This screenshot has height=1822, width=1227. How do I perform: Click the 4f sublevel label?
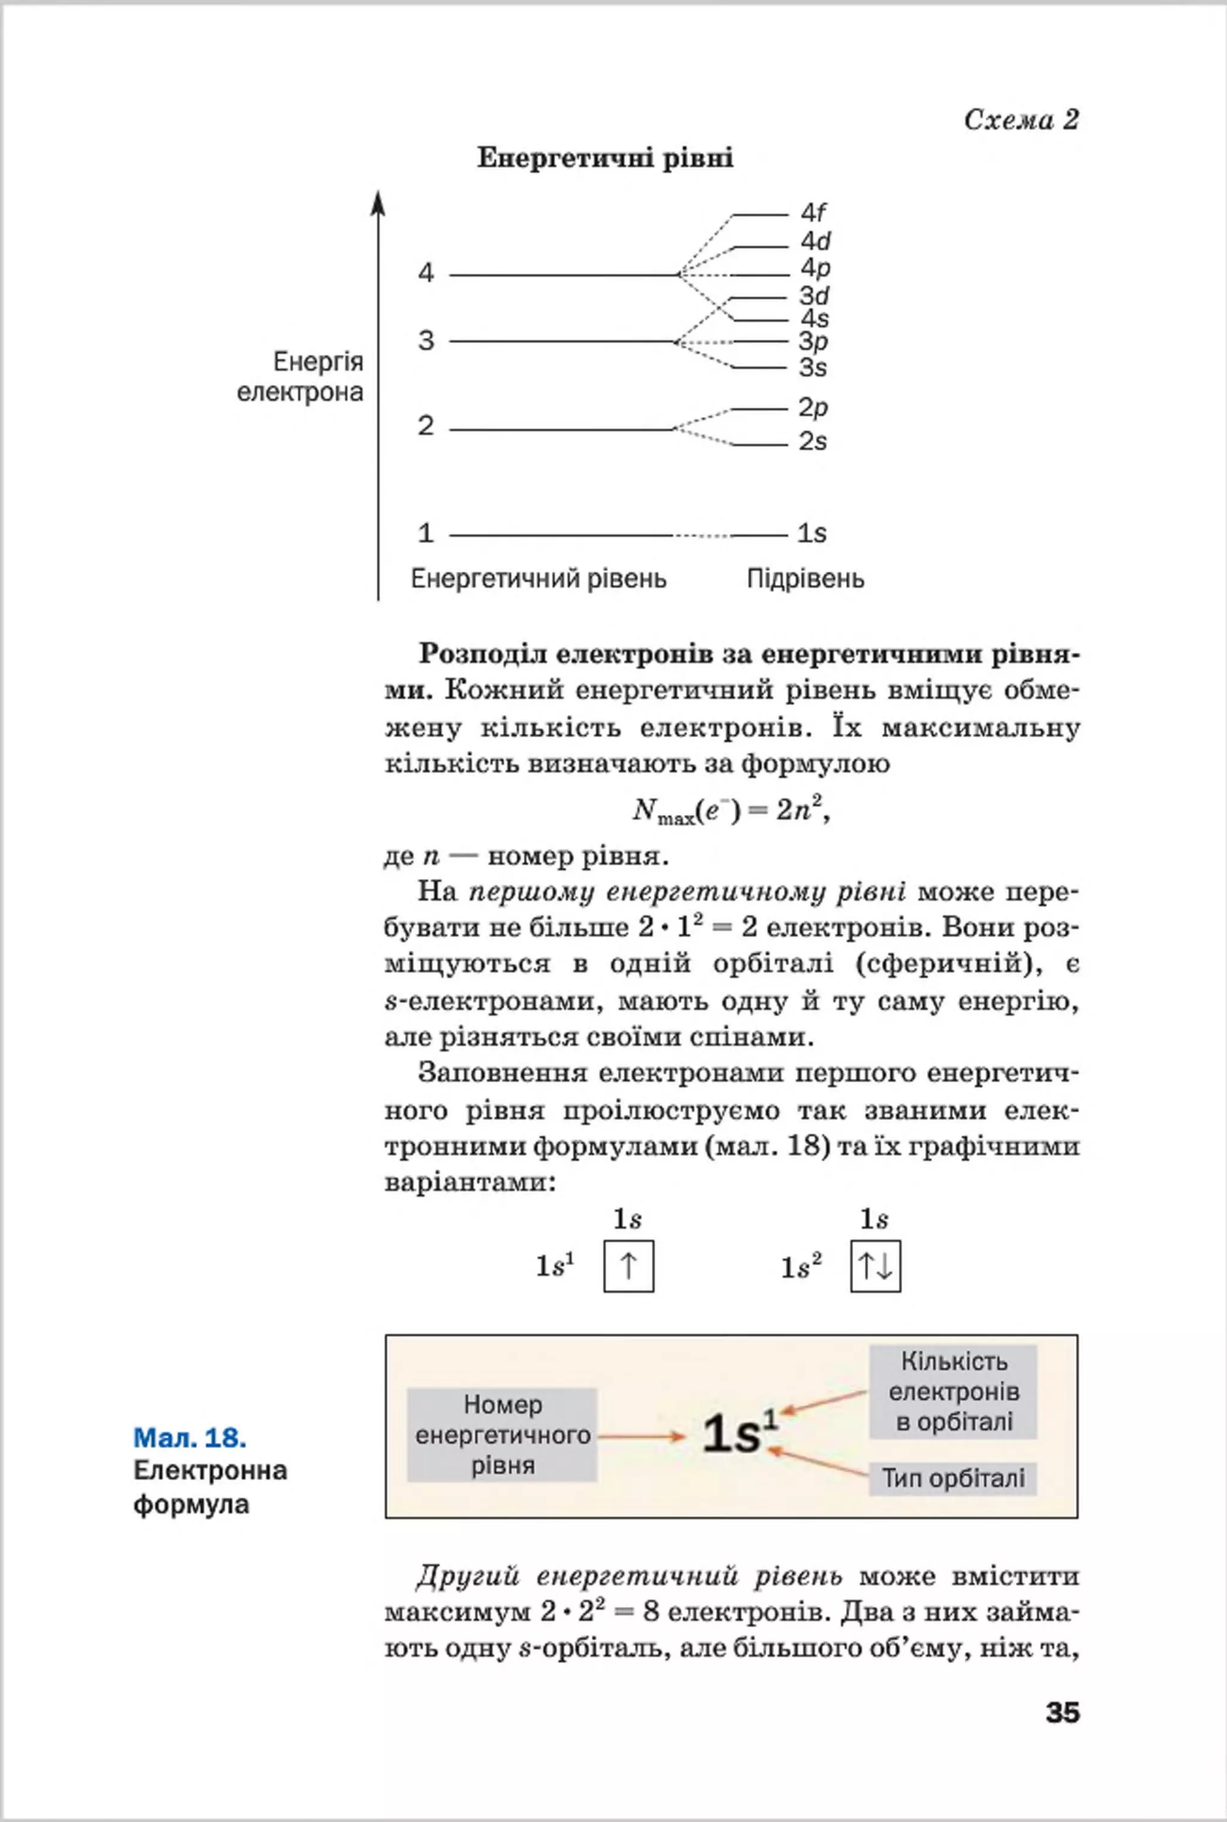point(813,212)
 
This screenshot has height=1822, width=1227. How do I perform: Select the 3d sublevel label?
point(814,296)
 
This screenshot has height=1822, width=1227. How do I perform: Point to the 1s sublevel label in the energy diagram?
point(811,534)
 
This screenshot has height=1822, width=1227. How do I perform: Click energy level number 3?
point(426,341)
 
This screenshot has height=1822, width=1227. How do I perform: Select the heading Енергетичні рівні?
point(605,159)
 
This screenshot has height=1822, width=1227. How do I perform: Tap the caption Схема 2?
point(1021,120)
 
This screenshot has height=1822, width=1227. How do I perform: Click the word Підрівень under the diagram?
point(805,579)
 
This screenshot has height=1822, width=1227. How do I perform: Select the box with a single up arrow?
point(628,1266)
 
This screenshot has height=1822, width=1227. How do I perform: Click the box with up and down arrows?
point(875,1266)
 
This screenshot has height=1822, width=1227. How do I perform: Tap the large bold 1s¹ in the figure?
point(739,1434)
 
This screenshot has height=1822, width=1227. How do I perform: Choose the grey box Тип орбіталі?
point(953,1479)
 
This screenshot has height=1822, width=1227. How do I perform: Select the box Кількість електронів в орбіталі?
point(953,1392)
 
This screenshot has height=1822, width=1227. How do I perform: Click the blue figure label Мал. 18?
point(190,1438)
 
